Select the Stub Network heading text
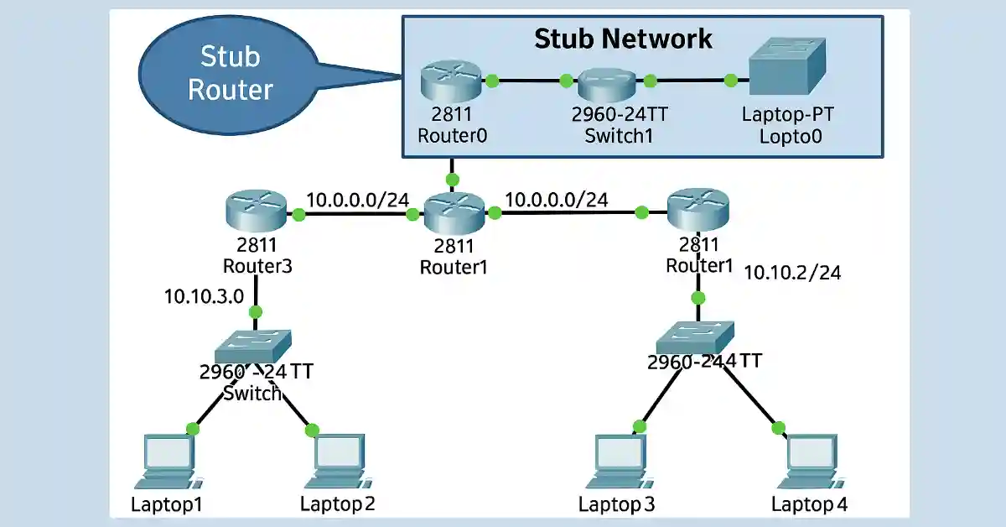(x=623, y=38)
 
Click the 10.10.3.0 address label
(x=205, y=295)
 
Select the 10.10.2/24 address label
(x=792, y=272)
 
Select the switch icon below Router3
(x=254, y=343)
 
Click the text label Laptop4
(x=809, y=504)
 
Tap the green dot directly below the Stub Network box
(x=453, y=179)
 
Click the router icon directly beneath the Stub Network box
(x=454, y=213)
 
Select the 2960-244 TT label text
(x=704, y=362)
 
